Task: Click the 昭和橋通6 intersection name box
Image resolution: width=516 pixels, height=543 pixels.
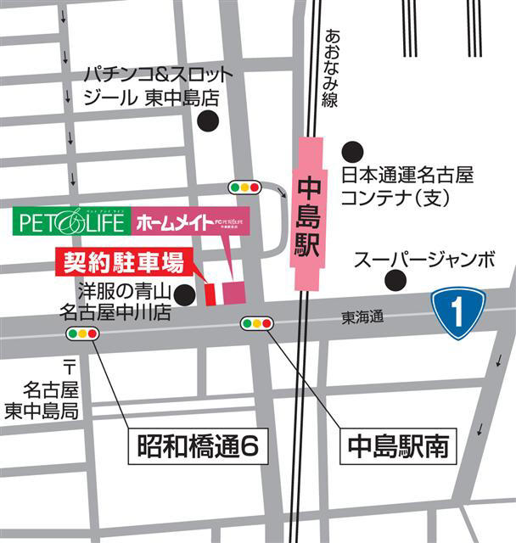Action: (198, 444)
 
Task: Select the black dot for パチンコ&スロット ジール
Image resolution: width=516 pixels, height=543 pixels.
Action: (208, 121)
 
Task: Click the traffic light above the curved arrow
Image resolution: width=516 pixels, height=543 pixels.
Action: (244, 187)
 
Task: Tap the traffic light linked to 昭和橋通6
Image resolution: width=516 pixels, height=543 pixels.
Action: (82, 333)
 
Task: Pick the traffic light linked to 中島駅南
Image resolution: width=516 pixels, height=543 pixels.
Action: (257, 323)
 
